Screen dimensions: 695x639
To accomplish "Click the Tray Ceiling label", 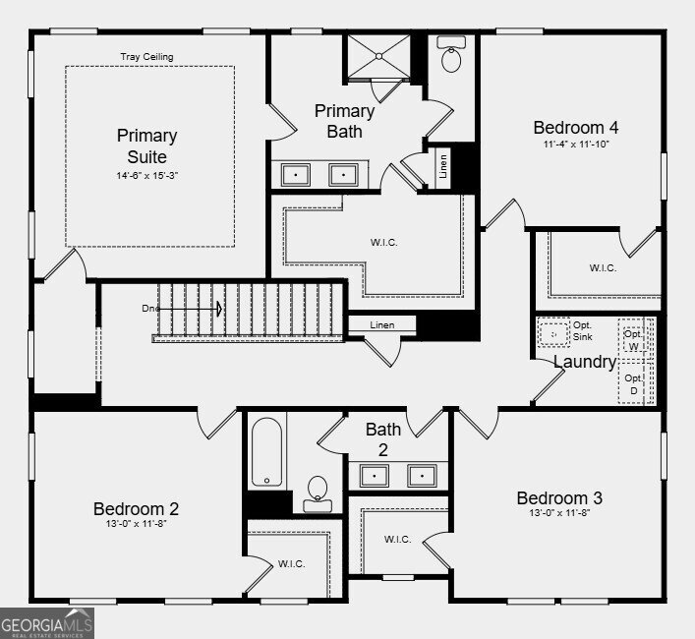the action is [x=146, y=57].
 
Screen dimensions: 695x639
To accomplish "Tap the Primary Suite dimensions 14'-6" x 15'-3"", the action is [x=147, y=176].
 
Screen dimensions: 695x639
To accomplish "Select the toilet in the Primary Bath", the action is [x=451, y=54].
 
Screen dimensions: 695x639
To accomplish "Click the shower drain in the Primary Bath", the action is [x=379, y=56].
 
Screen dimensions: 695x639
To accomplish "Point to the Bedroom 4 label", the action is [x=576, y=128].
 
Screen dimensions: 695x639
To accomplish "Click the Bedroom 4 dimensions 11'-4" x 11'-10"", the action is [x=576, y=144].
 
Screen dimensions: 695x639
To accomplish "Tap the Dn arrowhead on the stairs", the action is [x=219, y=309].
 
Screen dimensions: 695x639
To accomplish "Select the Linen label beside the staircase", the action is [x=382, y=324].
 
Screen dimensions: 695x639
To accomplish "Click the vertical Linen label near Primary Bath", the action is [x=442, y=166].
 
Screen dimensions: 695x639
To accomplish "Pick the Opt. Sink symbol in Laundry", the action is [x=553, y=334].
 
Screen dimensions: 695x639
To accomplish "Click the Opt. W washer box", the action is [x=633, y=340].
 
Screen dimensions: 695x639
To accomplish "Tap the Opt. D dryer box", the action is [x=634, y=383].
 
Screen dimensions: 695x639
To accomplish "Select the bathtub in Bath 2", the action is [x=266, y=452].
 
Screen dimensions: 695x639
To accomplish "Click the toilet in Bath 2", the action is [x=318, y=494].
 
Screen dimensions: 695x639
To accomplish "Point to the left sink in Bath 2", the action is [x=375, y=476].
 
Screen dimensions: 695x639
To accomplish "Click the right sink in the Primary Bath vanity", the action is [x=343, y=175].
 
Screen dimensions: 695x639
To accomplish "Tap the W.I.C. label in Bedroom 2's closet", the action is [x=292, y=563].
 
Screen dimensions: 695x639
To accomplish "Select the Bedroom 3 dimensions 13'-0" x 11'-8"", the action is [x=559, y=513].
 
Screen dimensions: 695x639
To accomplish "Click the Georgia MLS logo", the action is [x=47, y=623].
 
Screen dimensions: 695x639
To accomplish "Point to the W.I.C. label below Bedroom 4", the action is [x=603, y=267].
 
